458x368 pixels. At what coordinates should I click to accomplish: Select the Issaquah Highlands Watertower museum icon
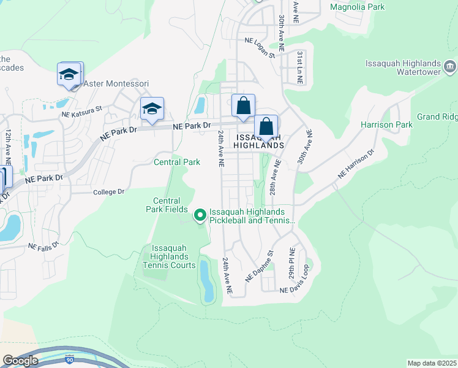pyautogui.click(x=450, y=66)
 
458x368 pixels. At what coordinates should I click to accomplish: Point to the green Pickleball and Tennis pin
pyautogui.click(x=200, y=215)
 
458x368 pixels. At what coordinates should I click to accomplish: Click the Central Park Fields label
pyautogui.click(x=167, y=205)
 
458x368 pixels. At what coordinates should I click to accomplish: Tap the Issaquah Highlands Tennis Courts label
pyautogui.click(x=169, y=256)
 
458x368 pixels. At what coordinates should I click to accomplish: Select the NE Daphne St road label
pyautogui.click(x=258, y=266)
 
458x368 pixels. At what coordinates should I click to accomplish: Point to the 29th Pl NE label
pyautogui.click(x=292, y=263)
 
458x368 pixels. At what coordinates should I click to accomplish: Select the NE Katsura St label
pyautogui.click(x=81, y=114)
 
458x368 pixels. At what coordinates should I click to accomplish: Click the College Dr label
pyautogui.click(x=109, y=192)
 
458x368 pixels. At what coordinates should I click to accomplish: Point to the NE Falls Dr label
pyautogui.click(x=43, y=245)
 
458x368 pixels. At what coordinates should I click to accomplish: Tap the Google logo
pyautogui.click(x=20, y=361)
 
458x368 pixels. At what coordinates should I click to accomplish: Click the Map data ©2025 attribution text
pyautogui.click(x=431, y=363)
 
